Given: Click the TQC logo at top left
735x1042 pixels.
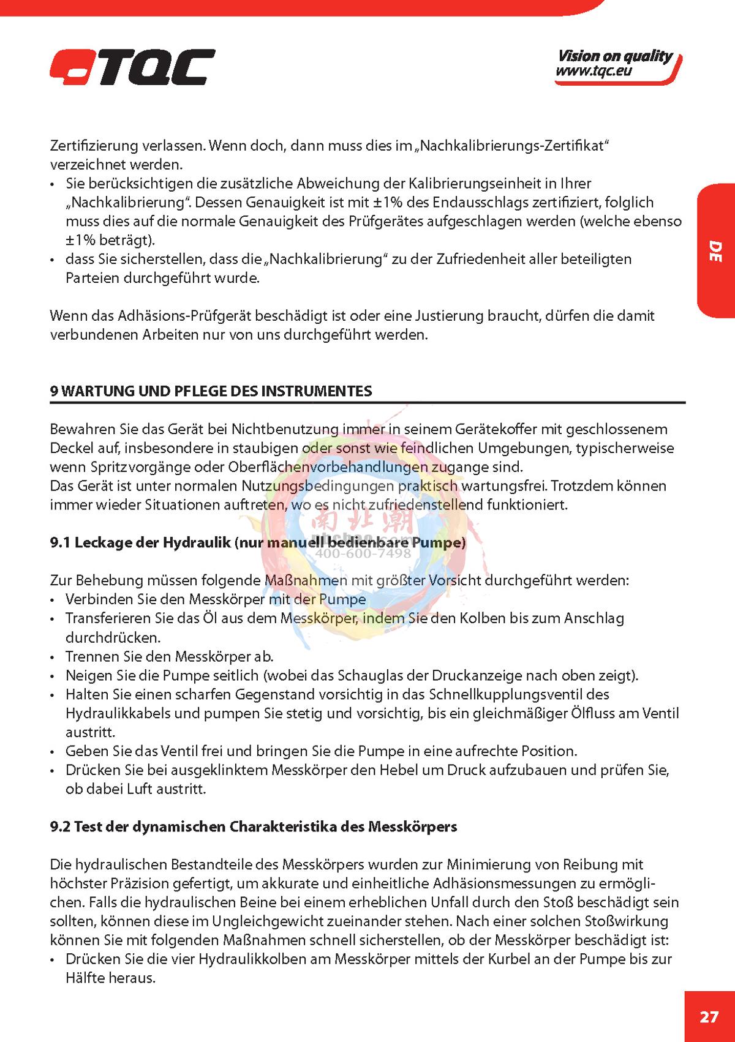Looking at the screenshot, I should point(132,67).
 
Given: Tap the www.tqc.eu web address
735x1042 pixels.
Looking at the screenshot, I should point(593,71).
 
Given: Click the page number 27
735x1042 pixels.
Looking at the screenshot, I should point(709,1017).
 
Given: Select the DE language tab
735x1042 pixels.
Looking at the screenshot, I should point(715,252).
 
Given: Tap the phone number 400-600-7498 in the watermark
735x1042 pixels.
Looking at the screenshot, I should point(363,553).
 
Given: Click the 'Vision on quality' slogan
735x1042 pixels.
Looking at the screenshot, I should point(614,56).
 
